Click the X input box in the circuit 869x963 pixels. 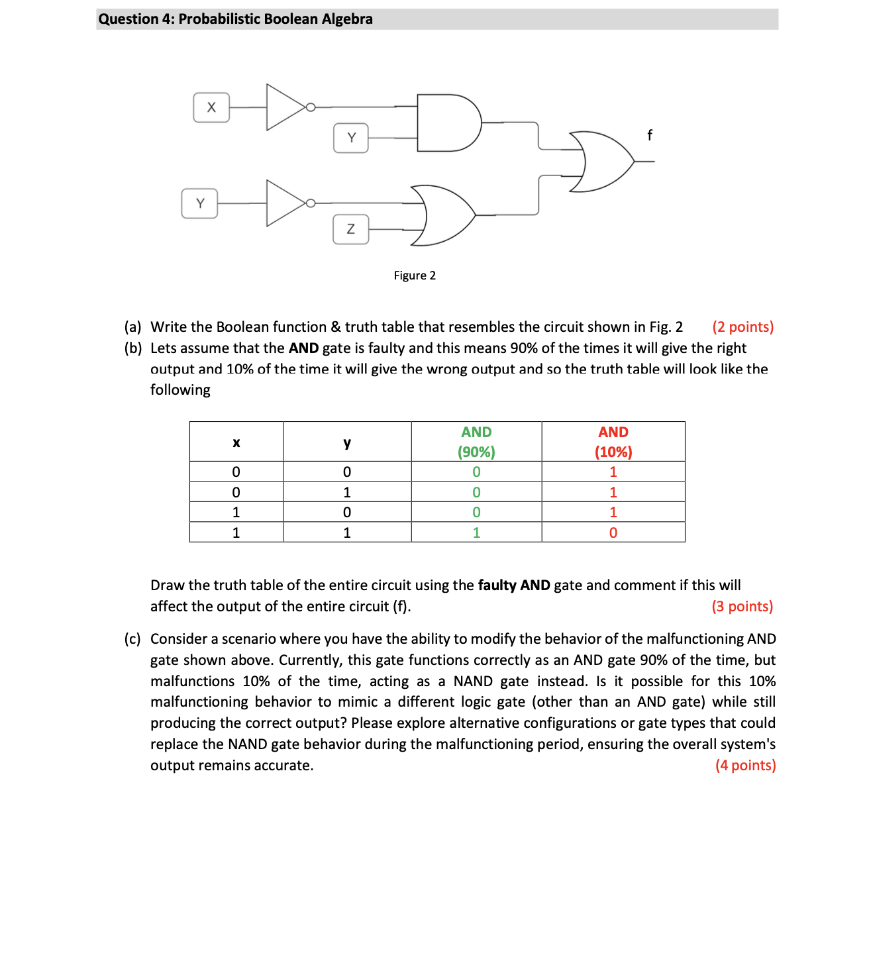pos(211,107)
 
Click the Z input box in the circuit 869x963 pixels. pos(350,229)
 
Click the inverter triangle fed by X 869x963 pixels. pos(285,107)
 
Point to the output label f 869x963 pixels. pos(649,135)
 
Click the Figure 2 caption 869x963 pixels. pos(415,276)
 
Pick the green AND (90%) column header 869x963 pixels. pos(476,442)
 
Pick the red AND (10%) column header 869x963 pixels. pos(613,442)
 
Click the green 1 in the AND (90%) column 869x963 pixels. pos(476,532)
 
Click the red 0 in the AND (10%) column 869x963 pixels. pos(613,532)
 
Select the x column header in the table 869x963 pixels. pos(236,442)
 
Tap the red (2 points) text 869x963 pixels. pos(742,327)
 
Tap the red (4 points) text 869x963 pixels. pos(745,766)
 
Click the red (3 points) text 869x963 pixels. pos(742,607)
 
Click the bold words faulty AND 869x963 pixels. pos(514,585)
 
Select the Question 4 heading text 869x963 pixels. pos(235,19)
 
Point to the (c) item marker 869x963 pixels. pos(132,639)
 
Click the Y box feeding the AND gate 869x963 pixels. pos(351,138)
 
